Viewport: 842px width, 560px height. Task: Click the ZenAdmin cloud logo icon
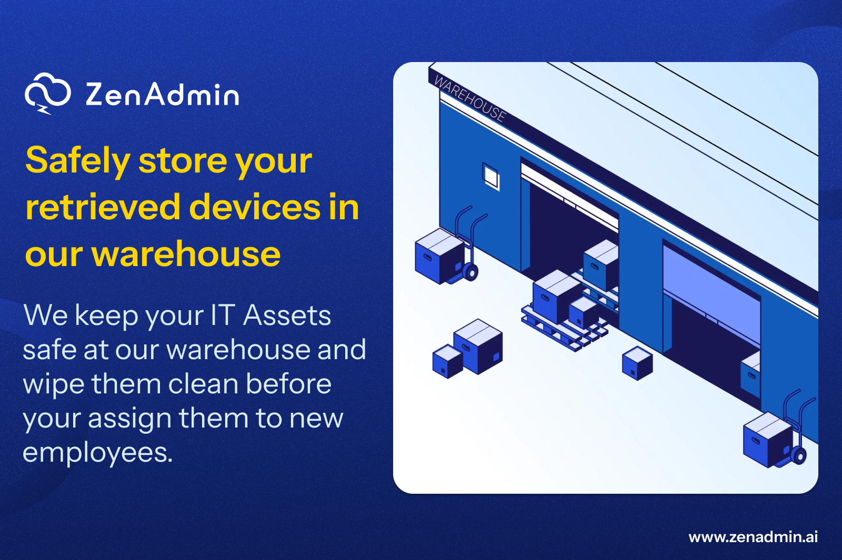coord(47,94)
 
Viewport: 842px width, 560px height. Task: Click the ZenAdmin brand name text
coord(162,95)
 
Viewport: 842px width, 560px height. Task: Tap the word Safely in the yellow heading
coord(78,160)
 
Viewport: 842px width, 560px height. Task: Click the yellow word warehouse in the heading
coord(186,254)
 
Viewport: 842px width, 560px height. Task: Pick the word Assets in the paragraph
coord(287,315)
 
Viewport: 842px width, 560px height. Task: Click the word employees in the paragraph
coord(97,452)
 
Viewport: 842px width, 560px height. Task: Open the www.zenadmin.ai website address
coord(753,537)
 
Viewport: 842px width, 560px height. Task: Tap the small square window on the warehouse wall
coord(491,176)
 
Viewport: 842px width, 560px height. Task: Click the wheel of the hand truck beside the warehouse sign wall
coord(470,272)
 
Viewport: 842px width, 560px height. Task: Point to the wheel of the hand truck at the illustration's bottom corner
coord(799,455)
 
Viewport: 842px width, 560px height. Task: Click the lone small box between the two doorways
coord(637,363)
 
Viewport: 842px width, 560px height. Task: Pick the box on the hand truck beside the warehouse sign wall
coord(438,256)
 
